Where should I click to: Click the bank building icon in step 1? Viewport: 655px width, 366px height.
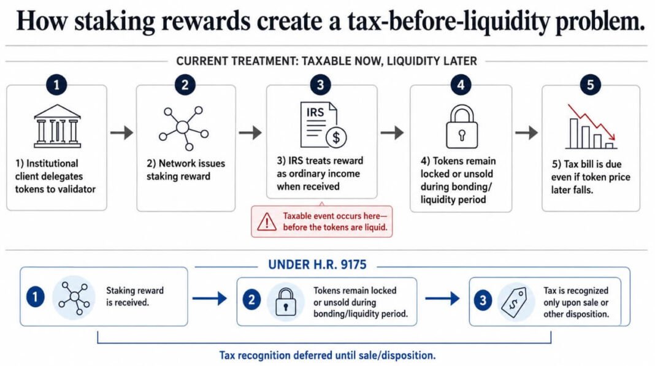coord(57,126)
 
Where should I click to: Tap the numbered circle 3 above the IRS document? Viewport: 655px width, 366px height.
coord(320,85)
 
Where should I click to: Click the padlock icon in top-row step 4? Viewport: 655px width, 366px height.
coord(462,126)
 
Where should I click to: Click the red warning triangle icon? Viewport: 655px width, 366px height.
coord(267,222)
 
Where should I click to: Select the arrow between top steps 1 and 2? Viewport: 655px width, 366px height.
coord(121,133)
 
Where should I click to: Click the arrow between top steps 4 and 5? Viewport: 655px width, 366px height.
coord(526,133)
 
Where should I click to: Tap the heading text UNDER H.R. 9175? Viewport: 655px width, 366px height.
coord(317,264)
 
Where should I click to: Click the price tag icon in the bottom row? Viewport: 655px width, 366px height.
coord(514,301)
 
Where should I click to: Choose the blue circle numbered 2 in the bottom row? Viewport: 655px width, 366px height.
coord(251,300)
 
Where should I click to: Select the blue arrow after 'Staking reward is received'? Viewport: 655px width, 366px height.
coord(209,299)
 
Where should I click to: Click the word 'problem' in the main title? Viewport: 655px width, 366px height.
coord(600,21)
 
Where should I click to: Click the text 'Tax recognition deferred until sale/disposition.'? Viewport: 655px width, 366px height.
coord(327,356)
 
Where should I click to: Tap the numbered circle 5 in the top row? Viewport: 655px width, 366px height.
coord(590,85)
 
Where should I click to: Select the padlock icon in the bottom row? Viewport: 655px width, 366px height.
coord(286,302)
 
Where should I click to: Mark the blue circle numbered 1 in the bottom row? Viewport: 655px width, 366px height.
coord(35,297)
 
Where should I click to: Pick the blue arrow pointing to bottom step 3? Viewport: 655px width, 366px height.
coord(442,299)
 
